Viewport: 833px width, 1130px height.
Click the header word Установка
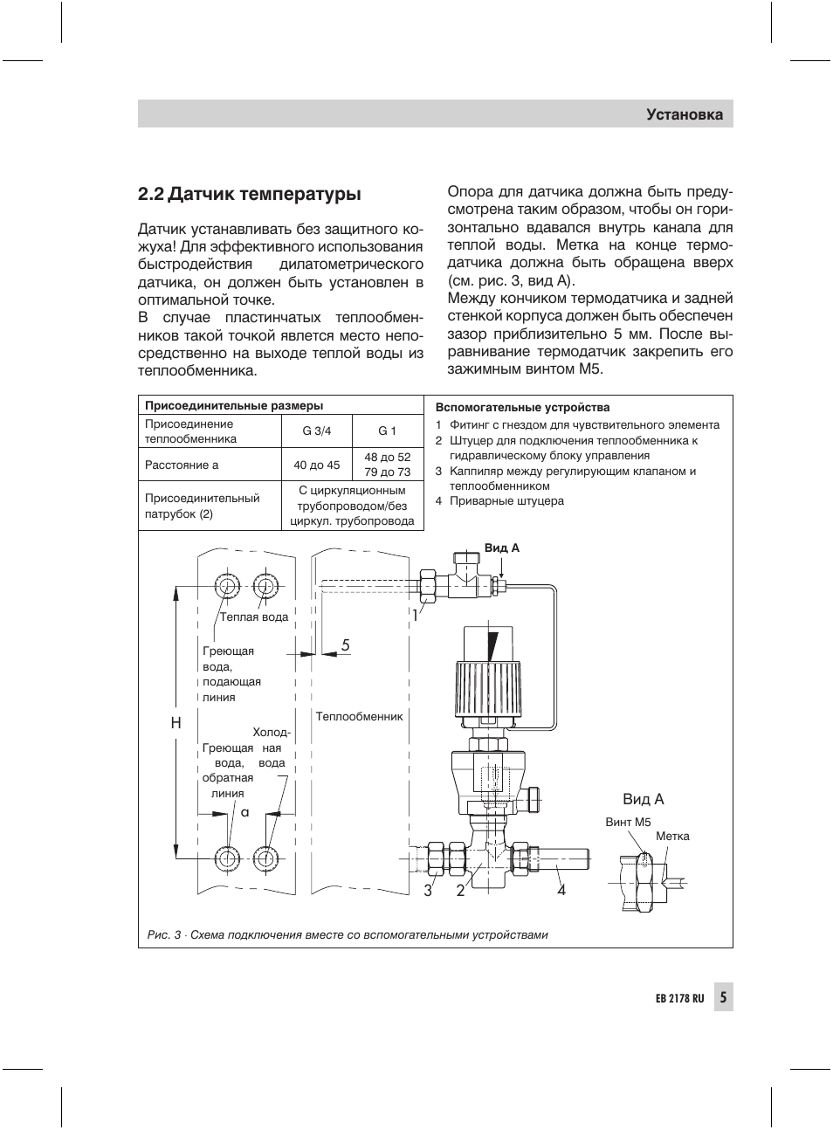click(685, 114)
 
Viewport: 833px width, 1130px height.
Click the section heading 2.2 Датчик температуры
click(249, 194)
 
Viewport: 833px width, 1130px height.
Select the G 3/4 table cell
click(317, 431)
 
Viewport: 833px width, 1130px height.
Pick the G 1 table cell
click(388, 431)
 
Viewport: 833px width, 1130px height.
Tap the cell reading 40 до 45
click(317, 465)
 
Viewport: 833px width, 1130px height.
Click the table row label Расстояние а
click(182, 465)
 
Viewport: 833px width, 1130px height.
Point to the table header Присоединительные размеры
click(234, 405)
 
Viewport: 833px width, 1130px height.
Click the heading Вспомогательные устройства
click(522, 407)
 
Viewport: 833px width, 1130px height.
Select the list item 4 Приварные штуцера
click(499, 501)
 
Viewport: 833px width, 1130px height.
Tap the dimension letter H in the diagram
click(176, 723)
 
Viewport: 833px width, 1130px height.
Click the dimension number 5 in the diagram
click(346, 644)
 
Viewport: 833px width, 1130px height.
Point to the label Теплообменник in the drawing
click(359, 716)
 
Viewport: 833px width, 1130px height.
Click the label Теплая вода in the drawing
click(254, 617)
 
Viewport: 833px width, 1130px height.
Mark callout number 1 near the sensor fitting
click(416, 616)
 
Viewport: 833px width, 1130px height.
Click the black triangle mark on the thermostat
click(493, 646)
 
